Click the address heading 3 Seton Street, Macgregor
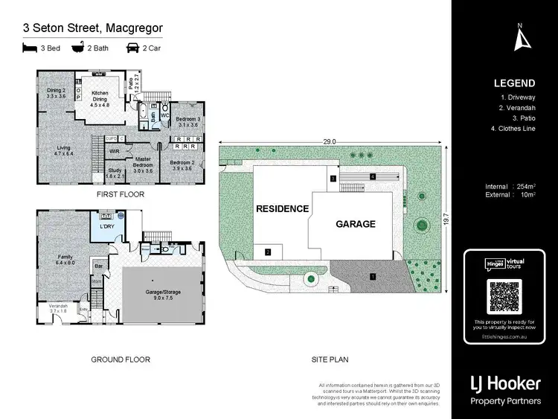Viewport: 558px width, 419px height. (93, 28)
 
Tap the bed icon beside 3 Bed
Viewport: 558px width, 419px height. (30, 48)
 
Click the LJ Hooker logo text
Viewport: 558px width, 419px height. (505, 384)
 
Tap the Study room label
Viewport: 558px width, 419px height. (115, 173)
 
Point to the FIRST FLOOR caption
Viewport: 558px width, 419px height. (120, 194)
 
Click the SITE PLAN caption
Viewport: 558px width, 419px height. (330, 359)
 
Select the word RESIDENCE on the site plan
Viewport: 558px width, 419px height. (282, 209)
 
